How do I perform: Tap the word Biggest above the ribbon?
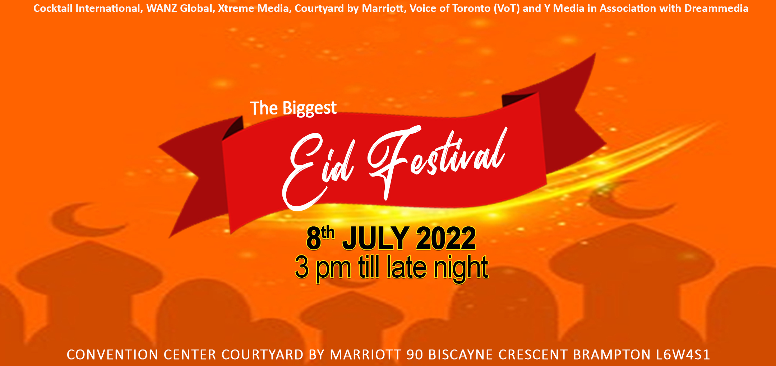[310, 108]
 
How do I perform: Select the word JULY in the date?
[376, 238]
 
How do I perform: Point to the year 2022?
[446, 238]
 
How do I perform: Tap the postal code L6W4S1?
[683, 355]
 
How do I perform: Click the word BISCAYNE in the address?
[460, 355]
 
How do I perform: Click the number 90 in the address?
[415, 355]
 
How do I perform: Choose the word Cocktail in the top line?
[53, 8]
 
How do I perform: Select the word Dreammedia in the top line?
[716, 8]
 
